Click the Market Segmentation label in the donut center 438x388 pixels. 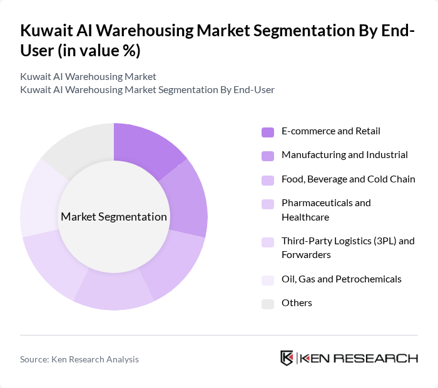pos(114,217)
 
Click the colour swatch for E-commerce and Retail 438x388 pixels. pos(268,132)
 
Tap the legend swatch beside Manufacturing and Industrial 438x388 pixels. pos(268,156)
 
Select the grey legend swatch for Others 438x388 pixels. pos(268,304)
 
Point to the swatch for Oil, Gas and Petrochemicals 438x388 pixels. pos(268,280)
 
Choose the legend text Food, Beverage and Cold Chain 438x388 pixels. pos(348,179)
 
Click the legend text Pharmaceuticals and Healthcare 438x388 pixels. pos(326,210)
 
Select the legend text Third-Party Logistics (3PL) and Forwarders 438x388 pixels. pos(348,248)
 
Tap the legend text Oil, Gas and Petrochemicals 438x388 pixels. pos(342,279)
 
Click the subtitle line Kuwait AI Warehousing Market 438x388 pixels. pos(88,77)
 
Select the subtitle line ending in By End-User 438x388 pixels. pos(147,90)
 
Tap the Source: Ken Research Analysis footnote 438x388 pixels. pos(79,359)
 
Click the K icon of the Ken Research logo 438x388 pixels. pos(287,358)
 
